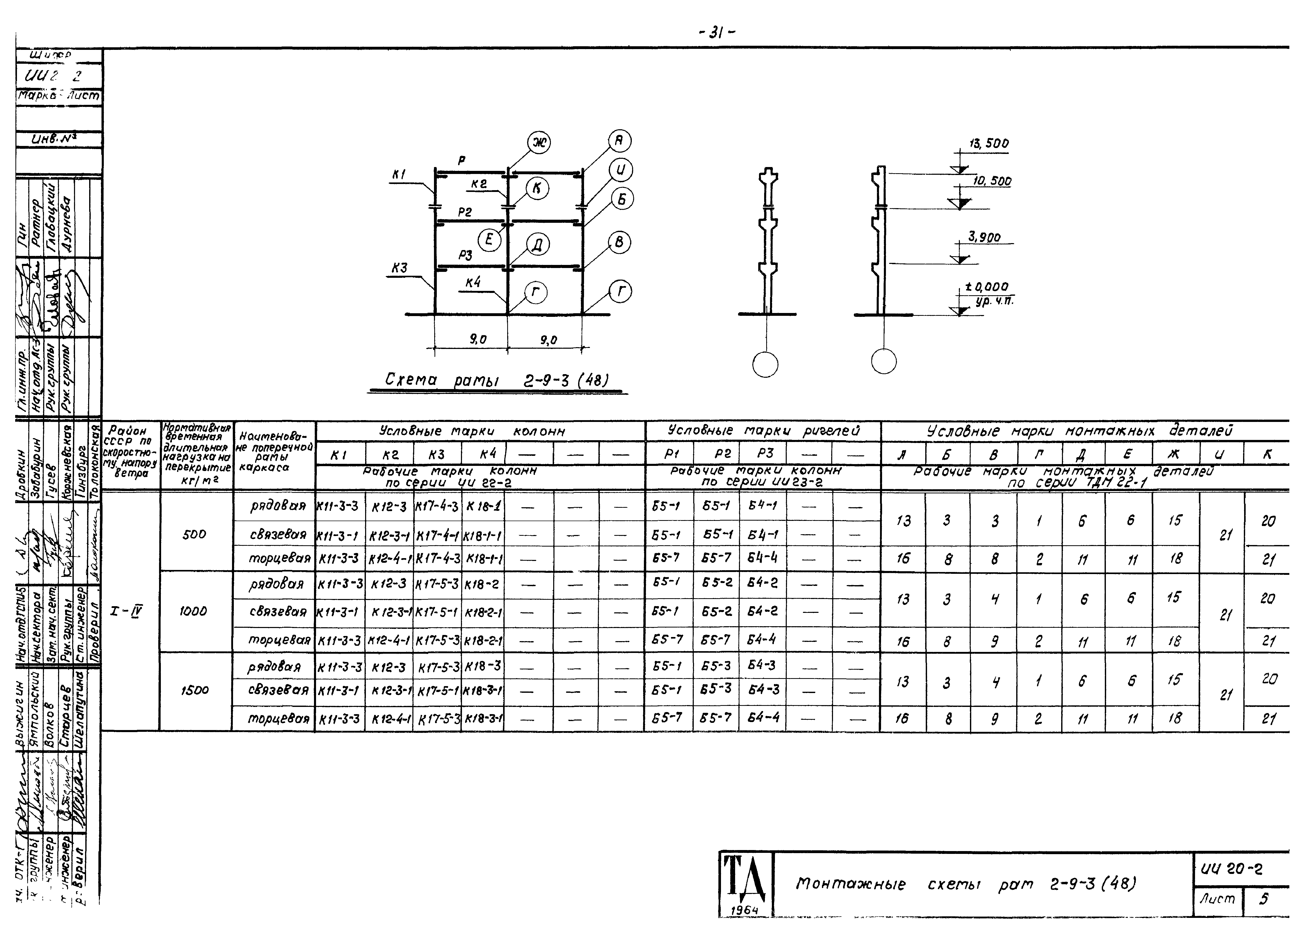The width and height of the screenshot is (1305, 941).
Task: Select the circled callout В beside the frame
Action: pyautogui.click(x=619, y=242)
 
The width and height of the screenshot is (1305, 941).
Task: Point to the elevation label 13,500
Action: pyautogui.click(x=988, y=143)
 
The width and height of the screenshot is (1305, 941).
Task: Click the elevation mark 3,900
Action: pyautogui.click(x=984, y=237)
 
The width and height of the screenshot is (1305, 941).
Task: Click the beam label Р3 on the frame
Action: pyautogui.click(x=466, y=254)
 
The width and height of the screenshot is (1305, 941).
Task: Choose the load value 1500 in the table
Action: pyautogui.click(x=195, y=690)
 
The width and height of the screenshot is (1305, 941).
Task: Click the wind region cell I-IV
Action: pyautogui.click(x=127, y=611)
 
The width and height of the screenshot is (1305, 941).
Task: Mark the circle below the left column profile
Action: pyautogui.click(x=765, y=364)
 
